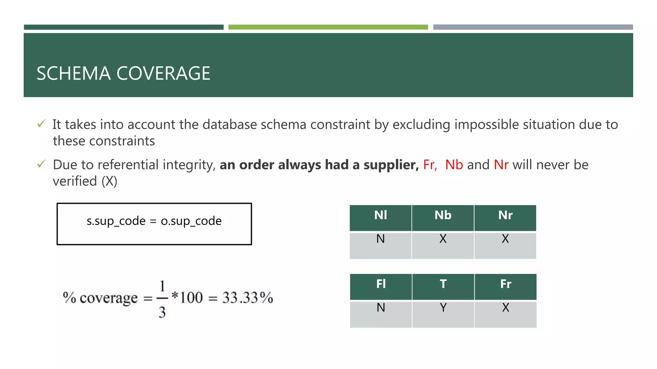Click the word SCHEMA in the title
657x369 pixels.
[x=73, y=73]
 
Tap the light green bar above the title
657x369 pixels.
[x=328, y=27]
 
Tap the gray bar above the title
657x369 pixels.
[x=533, y=27]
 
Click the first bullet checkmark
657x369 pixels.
[x=41, y=124]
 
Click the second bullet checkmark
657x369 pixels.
[x=41, y=164]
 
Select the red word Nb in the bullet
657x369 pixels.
[x=454, y=165]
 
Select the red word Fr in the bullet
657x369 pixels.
[x=429, y=165]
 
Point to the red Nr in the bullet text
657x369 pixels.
[x=501, y=165]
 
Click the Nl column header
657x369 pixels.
[x=380, y=215]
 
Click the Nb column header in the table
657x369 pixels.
[x=443, y=215]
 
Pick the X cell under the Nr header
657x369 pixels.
[x=505, y=239]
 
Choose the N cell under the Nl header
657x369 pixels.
[x=380, y=239]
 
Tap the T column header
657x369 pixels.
[x=443, y=284]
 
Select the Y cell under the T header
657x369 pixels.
[x=443, y=308]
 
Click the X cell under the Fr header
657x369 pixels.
[x=506, y=308]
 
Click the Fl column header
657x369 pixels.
[x=381, y=284]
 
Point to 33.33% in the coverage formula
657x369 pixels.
[x=247, y=298]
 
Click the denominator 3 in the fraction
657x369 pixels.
[x=162, y=312]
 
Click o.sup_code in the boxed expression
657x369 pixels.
[x=191, y=221]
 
